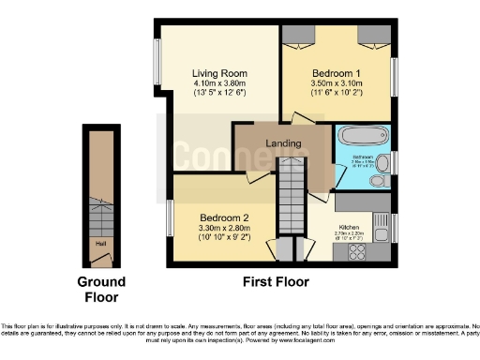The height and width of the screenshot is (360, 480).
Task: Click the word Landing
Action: [x=283, y=143]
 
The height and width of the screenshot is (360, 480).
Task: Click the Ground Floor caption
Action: [x=99, y=291]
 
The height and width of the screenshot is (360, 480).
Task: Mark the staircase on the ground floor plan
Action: [x=98, y=214]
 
